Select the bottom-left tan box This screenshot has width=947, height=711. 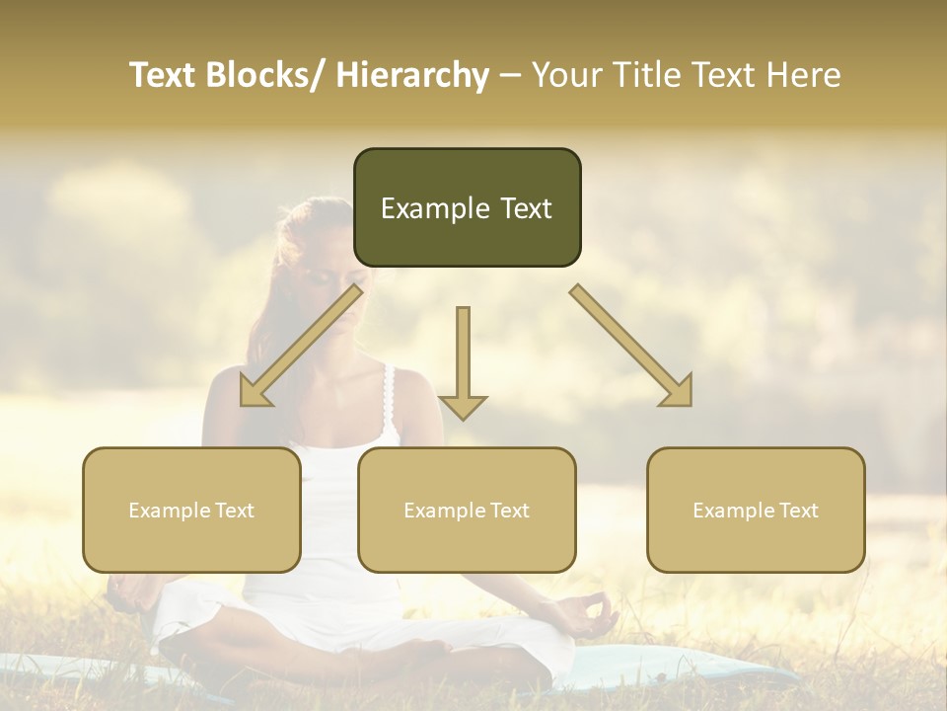pos(191,510)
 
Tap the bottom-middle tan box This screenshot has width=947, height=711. pos(467,510)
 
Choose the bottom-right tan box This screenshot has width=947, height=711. pos(756,510)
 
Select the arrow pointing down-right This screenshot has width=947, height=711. pos(631,346)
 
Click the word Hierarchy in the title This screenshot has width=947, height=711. pos(412,75)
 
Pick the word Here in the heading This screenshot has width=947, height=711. pos(806,75)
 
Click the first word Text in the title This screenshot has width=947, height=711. pos(163,75)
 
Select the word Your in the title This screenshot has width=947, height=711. pos(564,75)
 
